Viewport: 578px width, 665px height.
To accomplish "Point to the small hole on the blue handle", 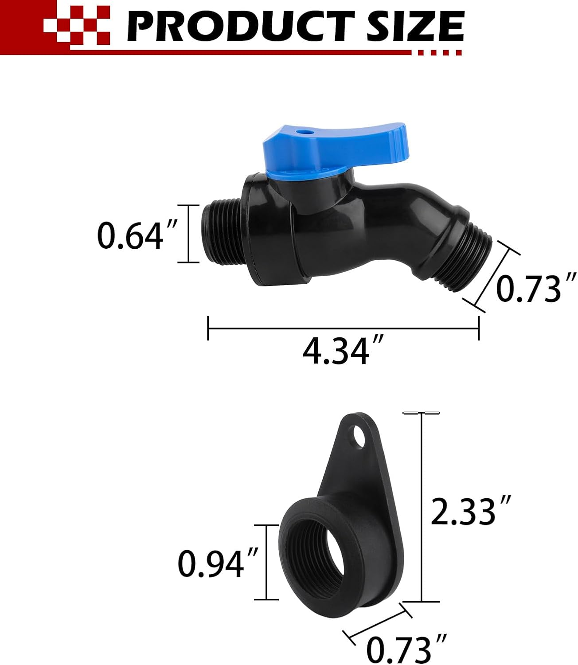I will tap(302, 132).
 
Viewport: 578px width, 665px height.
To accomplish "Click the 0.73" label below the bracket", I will tap(406, 649).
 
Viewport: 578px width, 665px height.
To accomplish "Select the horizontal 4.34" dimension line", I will tap(343, 329).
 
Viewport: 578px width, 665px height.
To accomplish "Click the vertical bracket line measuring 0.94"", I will tap(266, 562).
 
